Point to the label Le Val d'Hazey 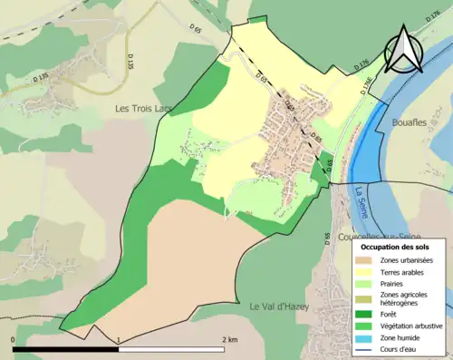pos(279,306)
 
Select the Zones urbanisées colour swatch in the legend pos(363,261)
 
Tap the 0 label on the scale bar pos(14,339)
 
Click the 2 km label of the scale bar pos(229,339)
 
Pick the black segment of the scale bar pos(66,348)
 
